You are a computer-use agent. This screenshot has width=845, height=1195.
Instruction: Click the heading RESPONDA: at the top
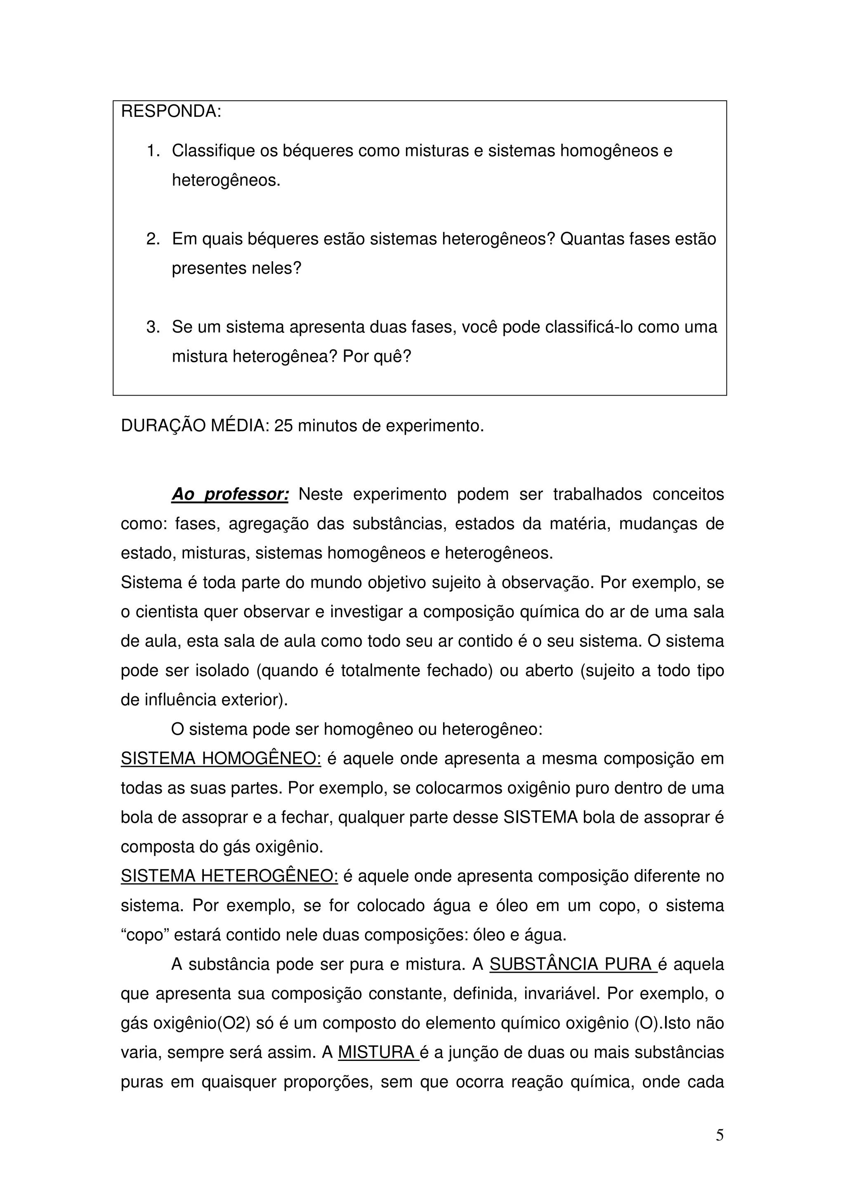171,111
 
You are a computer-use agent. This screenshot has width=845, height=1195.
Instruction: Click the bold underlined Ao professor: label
230,494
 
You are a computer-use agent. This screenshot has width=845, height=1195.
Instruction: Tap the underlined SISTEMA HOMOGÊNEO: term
221,759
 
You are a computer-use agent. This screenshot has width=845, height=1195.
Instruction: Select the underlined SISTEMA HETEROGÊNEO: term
229,877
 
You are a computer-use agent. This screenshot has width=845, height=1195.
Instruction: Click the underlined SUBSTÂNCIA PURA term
573,964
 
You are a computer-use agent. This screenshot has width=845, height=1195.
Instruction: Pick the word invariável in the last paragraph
562,994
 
